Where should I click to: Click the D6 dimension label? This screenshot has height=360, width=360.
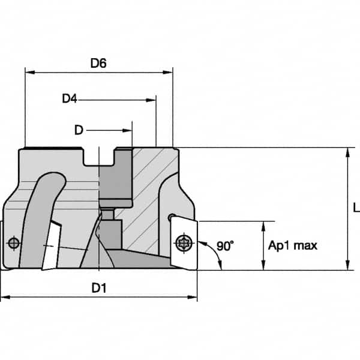tap(98, 63)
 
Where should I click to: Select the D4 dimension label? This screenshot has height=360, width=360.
tap(70, 98)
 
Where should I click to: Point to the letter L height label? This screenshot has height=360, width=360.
tap(356, 208)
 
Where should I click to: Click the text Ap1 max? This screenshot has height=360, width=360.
tap(292, 245)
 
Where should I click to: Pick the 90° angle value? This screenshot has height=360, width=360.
tap(225, 245)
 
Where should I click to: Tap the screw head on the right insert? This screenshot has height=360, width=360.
tap(182, 244)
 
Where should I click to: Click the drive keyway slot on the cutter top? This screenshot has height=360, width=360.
tap(98, 157)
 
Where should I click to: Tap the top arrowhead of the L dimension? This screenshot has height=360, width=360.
tap(347, 152)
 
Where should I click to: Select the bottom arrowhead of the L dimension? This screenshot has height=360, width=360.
tap(347, 266)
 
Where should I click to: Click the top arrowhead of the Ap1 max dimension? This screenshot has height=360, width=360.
tap(263, 225)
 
